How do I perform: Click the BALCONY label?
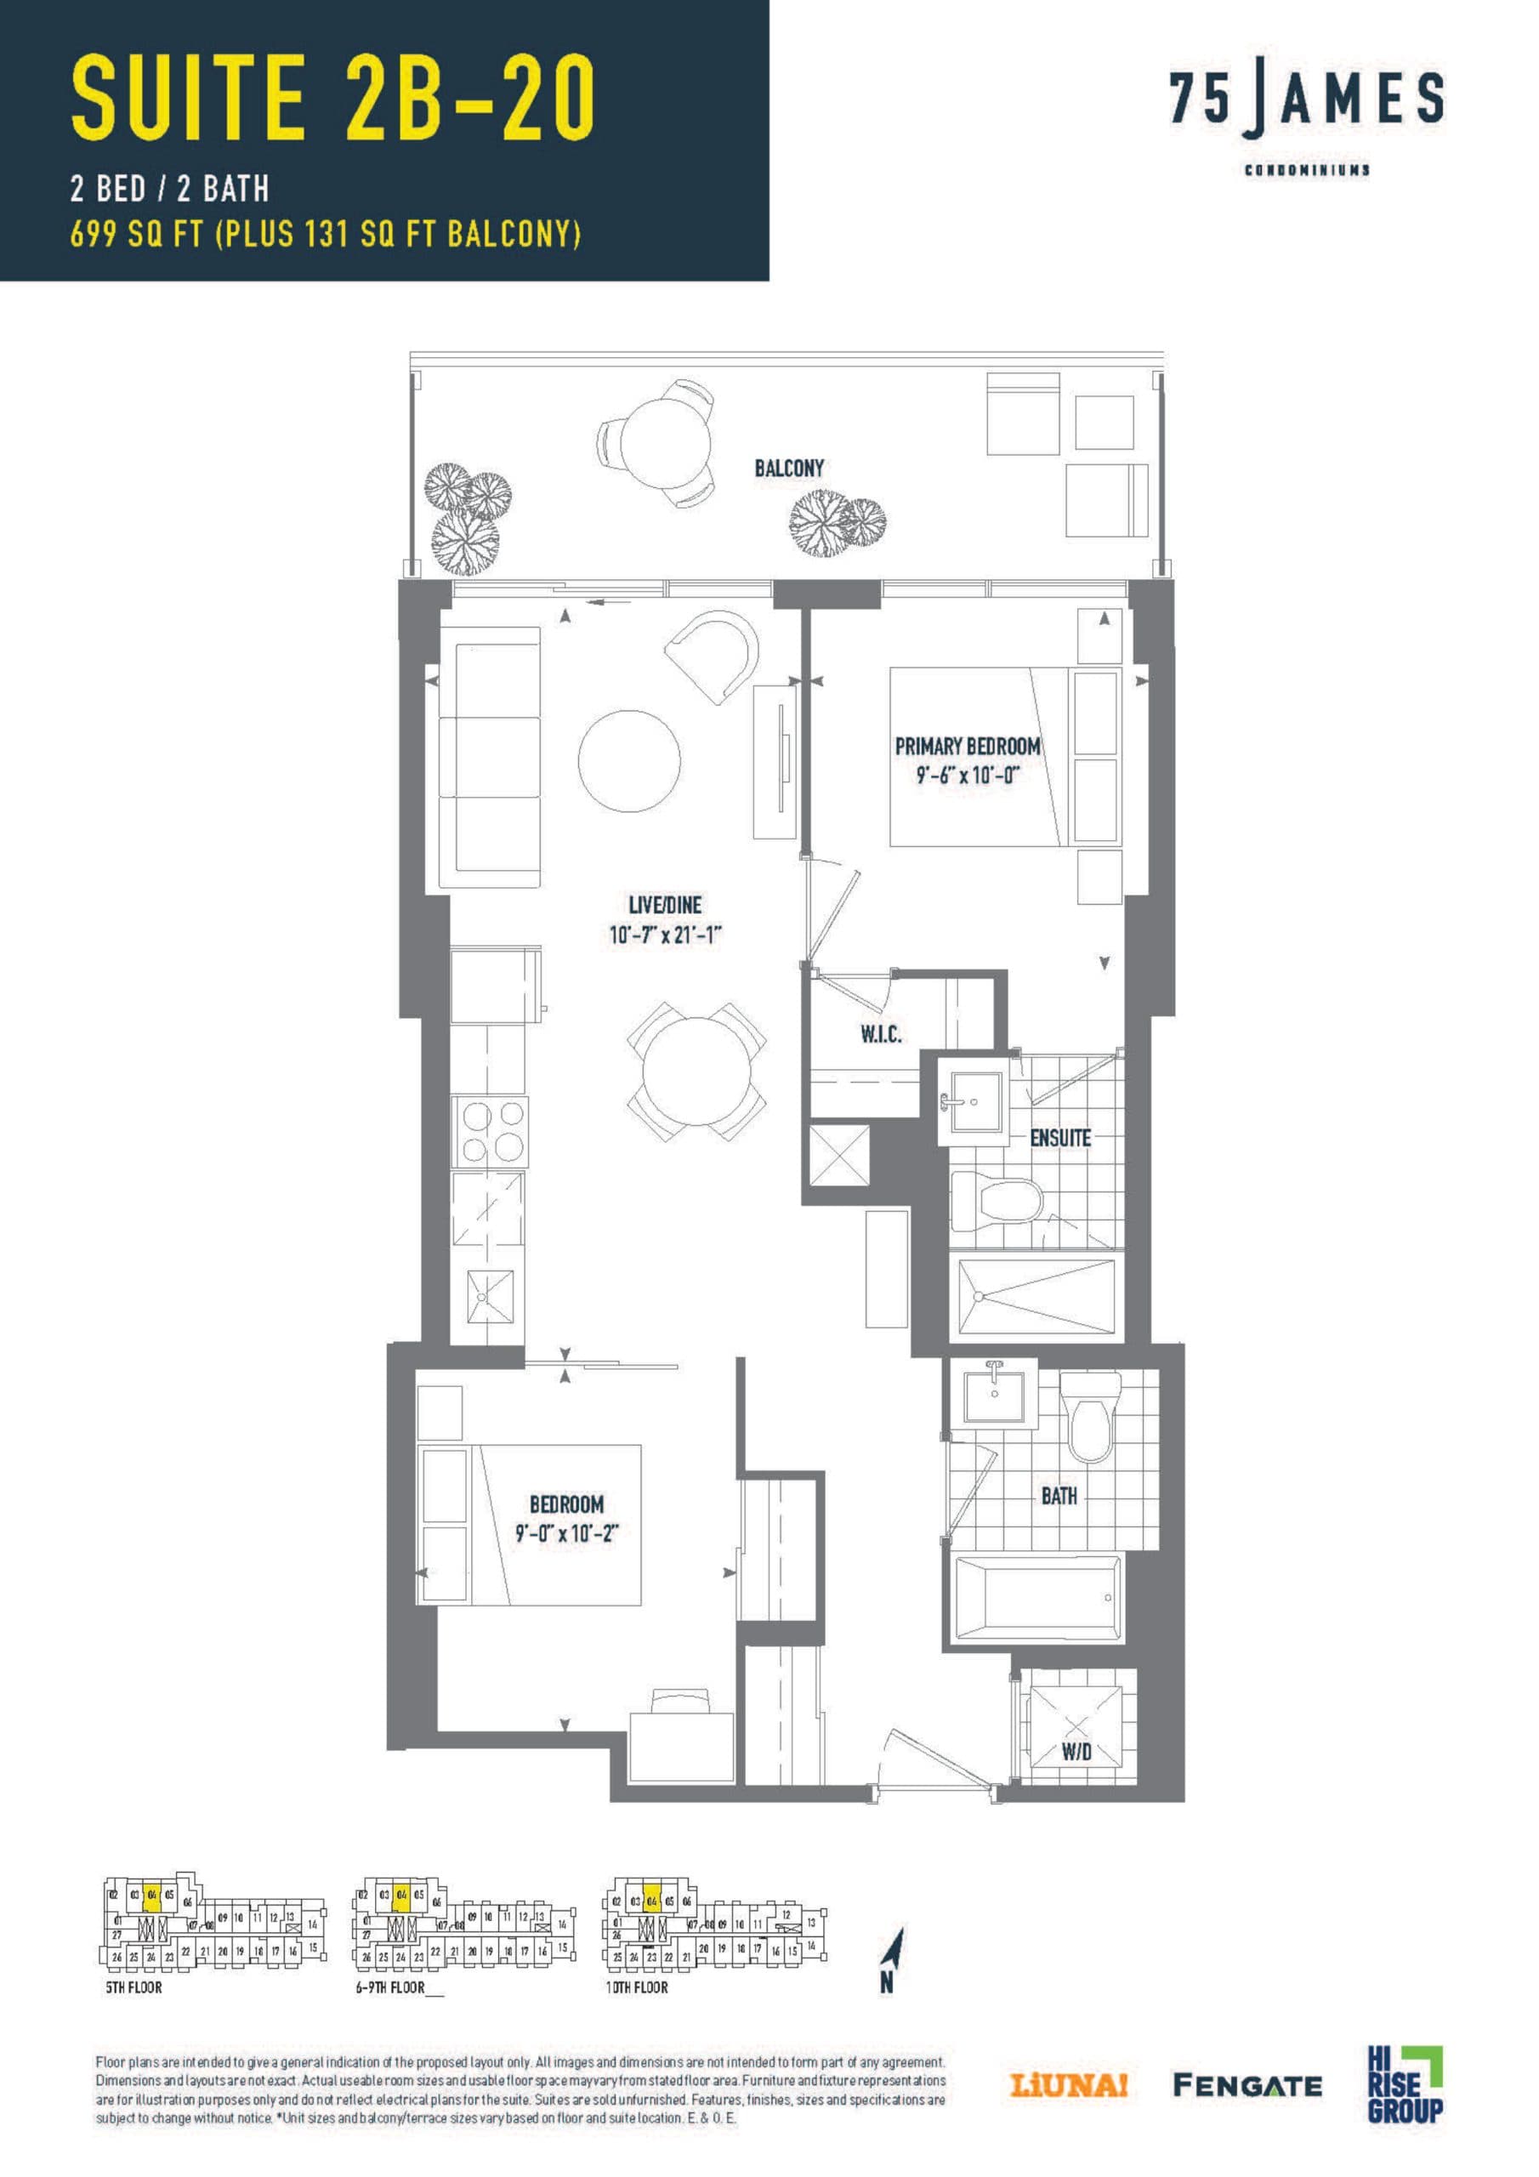pyautogui.click(x=789, y=468)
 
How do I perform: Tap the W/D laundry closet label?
pyautogui.click(x=1076, y=1752)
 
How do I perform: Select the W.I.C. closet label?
pyautogui.click(x=880, y=1034)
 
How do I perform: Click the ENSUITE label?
pyautogui.click(x=1060, y=1137)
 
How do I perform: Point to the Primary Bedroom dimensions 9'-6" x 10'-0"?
pyautogui.click(x=968, y=775)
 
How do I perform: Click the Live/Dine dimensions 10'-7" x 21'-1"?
pyautogui.click(x=666, y=935)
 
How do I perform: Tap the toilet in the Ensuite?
pyautogui.click(x=996, y=1198)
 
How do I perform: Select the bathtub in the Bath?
pyautogui.click(x=1036, y=1600)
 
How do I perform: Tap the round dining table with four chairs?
pyautogui.click(x=697, y=1071)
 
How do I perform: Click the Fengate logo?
pyautogui.click(x=1247, y=2104)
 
